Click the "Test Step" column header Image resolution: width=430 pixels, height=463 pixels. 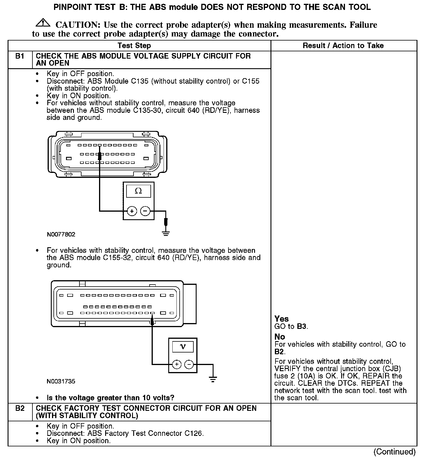point(134,46)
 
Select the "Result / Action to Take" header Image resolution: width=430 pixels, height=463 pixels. point(343,46)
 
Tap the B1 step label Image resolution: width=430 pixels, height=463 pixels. point(20,56)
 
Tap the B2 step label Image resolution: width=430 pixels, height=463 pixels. point(20,408)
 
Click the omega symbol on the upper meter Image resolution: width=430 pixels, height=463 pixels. point(138,191)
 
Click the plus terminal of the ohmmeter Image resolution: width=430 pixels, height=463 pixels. point(132,211)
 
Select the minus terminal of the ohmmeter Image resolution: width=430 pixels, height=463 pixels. point(145,211)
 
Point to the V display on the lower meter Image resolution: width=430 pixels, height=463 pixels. point(183,346)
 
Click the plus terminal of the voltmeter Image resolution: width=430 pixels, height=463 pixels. point(177,364)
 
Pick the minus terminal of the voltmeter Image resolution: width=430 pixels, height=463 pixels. point(189,364)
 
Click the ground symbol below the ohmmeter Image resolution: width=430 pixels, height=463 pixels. point(166,233)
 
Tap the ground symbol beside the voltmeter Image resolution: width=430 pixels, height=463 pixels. point(213,379)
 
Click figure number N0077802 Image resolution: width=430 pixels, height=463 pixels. point(61,234)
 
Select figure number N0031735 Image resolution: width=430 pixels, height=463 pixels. point(61,381)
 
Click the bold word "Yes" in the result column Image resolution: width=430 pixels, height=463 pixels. point(281,319)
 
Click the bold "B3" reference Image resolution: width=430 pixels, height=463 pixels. point(302,327)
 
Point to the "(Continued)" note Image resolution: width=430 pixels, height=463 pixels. point(394,452)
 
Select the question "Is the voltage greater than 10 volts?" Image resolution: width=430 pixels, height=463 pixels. point(110,398)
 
